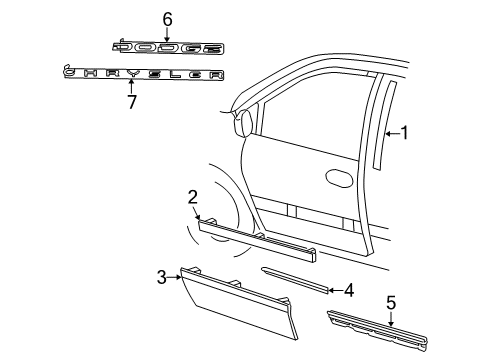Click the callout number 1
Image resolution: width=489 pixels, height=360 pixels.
click(x=405, y=132)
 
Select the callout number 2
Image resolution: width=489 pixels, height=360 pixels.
click(x=190, y=197)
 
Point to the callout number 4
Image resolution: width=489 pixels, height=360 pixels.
click(x=348, y=291)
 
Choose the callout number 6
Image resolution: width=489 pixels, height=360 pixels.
click(x=168, y=18)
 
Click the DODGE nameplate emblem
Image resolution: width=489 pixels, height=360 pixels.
click(x=168, y=47)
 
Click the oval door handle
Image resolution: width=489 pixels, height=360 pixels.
click(x=339, y=178)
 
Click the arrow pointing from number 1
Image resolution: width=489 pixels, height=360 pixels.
click(x=392, y=132)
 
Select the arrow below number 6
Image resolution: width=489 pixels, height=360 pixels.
click(x=168, y=32)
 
